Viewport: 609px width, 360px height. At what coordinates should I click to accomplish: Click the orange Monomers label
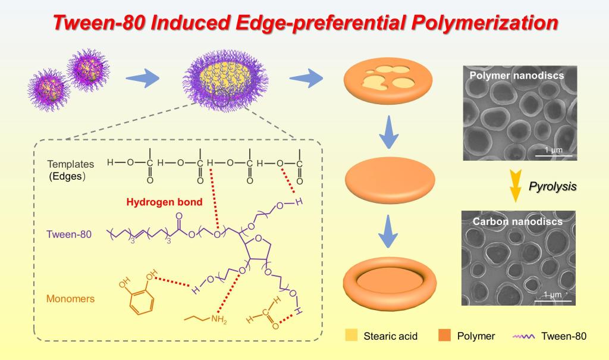coord(70,299)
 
